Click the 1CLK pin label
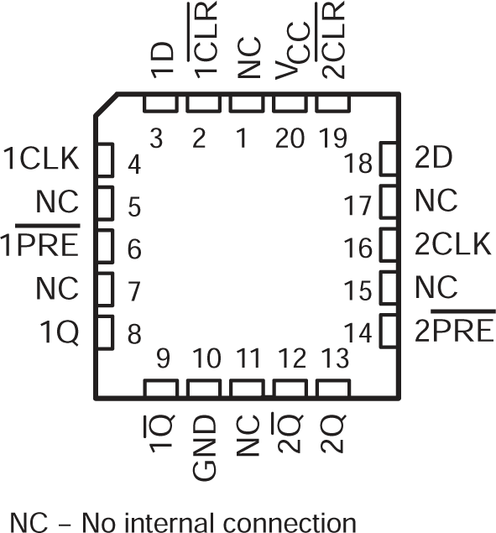(40, 159)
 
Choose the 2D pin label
(432, 159)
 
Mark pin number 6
(134, 249)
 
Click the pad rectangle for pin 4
(106, 159)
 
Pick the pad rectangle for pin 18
(389, 159)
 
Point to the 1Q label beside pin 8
(60, 333)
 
